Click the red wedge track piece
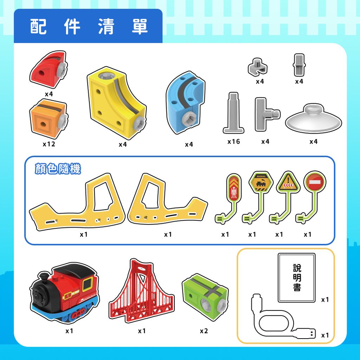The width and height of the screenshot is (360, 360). point(48,69)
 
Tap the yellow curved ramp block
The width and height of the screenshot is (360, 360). point(116,103)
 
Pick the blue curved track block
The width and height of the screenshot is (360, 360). point(185,102)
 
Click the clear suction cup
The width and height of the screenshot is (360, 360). point(314,118)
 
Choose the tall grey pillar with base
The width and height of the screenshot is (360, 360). point(233,113)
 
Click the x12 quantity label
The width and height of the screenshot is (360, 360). point(49,144)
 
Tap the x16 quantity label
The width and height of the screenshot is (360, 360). point(234,141)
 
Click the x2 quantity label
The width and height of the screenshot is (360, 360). point(204,331)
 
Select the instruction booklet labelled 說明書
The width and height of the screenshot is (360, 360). point(297,278)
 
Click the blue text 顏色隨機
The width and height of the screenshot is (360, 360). point(58,169)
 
